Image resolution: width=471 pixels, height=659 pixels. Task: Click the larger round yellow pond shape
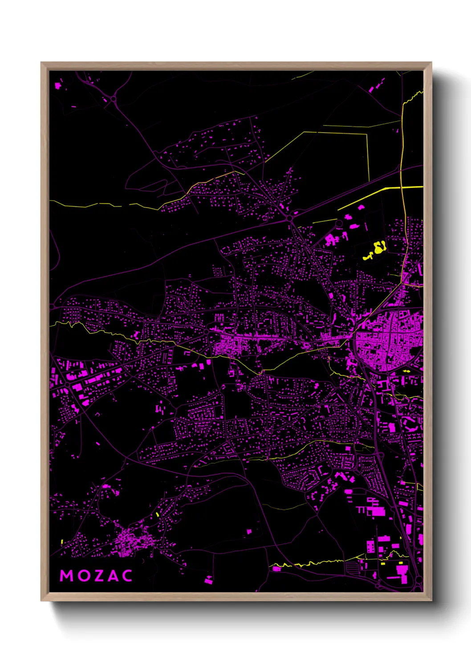(x=379, y=247)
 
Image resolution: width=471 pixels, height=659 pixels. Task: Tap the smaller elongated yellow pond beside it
(x=368, y=257)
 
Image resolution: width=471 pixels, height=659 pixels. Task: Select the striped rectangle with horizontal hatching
(x=352, y=567)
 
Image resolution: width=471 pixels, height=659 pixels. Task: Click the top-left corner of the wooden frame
(x=41, y=63)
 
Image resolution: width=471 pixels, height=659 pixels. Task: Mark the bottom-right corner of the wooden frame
(x=431, y=600)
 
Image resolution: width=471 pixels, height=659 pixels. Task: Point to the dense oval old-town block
(x=385, y=343)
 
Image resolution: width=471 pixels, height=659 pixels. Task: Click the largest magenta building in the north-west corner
(x=57, y=85)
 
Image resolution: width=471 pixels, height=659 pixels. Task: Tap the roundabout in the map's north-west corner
(x=114, y=99)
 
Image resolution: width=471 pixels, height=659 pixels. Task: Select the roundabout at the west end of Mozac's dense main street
(x=207, y=332)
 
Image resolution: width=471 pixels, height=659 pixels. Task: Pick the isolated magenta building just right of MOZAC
(x=208, y=580)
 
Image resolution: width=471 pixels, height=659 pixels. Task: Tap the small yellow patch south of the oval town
(x=406, y=371)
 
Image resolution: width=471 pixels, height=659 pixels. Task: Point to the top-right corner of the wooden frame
(x=431, y=63)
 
